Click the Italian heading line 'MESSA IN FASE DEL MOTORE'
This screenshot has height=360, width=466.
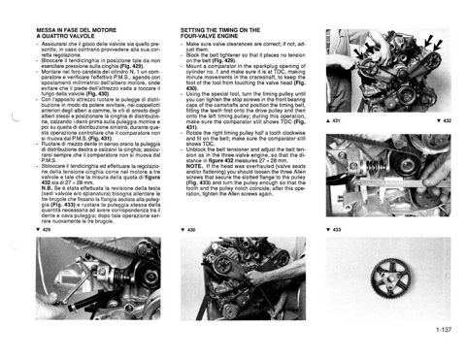pyautogui.click(x=78, y=31)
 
